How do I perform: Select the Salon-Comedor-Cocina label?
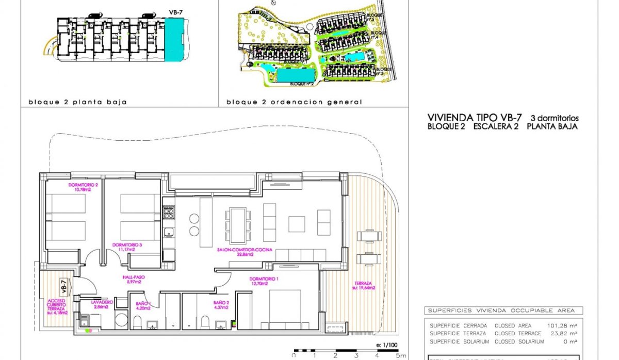pyautogui.click(x=245, y=251)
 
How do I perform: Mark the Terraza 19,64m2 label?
pyautogui.click(x=365, y=285)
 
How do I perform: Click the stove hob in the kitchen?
pyautogui.click(x=169, y=212)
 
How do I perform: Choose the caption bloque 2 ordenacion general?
pyautogui.click(x=294, y=102)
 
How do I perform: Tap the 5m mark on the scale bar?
pyautogui.click(x=399, y=355)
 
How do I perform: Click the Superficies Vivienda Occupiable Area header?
pyautogui.click(x=503, y=310)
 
